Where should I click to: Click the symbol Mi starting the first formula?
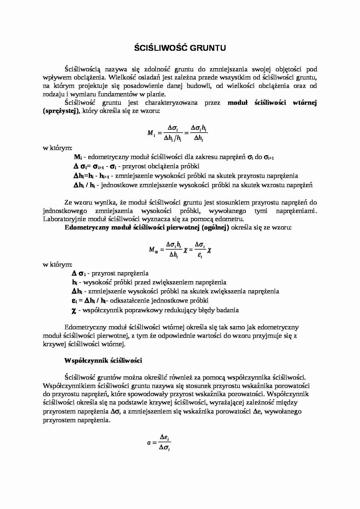point(151,133)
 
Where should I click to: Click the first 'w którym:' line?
point(57,148)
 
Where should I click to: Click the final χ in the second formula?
point(209,250)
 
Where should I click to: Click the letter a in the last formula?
point(149,443)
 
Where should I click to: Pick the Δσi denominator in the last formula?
point(164,448)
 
